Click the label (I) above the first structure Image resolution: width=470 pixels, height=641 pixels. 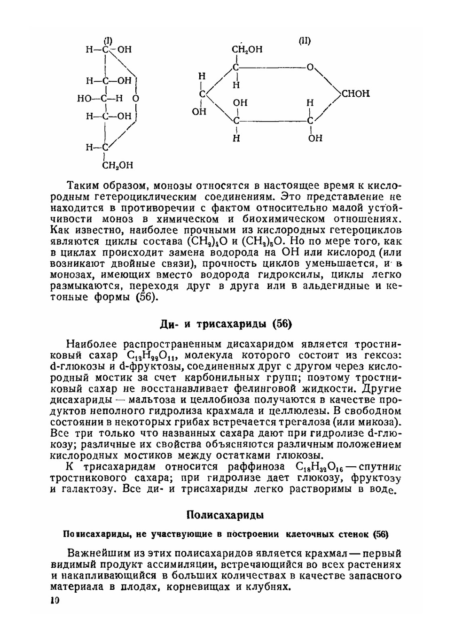(x=108, y=41)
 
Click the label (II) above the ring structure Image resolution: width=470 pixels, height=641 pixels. (x=305, y=41)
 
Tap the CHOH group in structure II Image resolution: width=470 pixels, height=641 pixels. (x=355, y=93)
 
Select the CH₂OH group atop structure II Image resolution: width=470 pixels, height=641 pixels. (x=247, y=50)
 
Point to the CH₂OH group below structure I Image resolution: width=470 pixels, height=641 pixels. (x=117, y=165)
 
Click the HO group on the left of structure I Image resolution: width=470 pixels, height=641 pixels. (x=86, y=99)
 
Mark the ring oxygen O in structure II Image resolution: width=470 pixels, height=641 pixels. (x=310, y=68)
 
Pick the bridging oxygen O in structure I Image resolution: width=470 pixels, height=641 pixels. (x=135, y=99)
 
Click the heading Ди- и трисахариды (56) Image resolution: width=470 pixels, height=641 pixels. (x=226, y=324)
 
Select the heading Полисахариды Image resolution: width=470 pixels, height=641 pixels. (x=225, y=515)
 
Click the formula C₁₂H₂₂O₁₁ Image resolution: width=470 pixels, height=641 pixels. (x=154, y=355)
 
